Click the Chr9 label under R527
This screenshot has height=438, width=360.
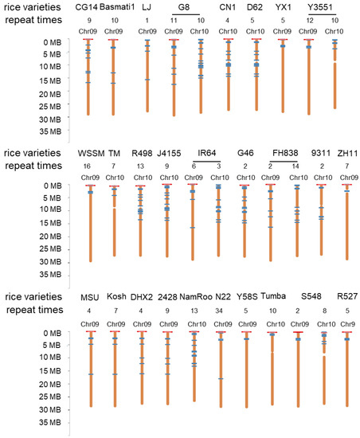click(x=346, y=324)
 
